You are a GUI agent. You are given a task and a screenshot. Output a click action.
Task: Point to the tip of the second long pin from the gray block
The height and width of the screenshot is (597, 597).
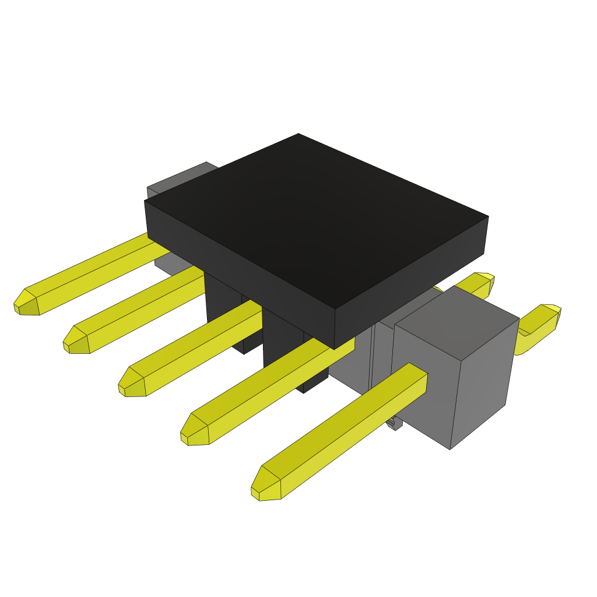coord(195,431)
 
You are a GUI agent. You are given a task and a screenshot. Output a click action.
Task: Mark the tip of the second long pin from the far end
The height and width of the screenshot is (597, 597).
coord(76,341)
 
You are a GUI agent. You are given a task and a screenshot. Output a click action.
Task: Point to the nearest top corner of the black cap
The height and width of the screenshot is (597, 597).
coord(335,310)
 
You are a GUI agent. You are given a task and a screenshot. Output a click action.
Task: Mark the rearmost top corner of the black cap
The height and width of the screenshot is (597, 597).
coord(298,135)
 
